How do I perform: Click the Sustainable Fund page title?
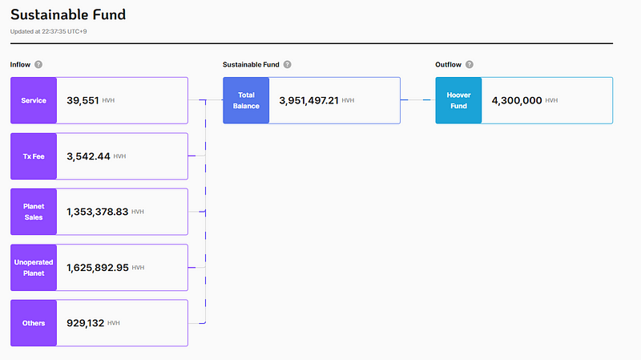pyautogui.click(x=68, y=14)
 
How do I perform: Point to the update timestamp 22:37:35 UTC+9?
pyautogui.click(x=64, y=31)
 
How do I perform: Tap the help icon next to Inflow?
pyautogui.click(x=38, y=65)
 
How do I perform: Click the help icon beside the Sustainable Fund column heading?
pyautogui.click(x=288, y=65)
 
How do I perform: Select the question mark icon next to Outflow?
pyautogui.click(x=470, y=65)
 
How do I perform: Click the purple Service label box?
pyautogui.click(x=34, y=100)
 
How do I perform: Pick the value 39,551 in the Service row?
pyautogui.click(x=83, y=101)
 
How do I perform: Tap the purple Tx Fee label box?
pyautogui.click(x=34, y=156)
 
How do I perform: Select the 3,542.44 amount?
pyautogui.click(x=88, y=156)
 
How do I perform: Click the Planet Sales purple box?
pyautogui.click(x=34, y=212)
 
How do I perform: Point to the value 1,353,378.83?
pyautogui.click(x=97, y=212)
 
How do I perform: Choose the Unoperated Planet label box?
pyautogui.click(x=34, y=268)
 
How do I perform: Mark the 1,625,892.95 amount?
pyautogui.click(x=98, y=268)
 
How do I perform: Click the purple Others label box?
pyautogui.click(x=34, y=323)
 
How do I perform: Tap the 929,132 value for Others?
pyautogui.click(x=86, y=323)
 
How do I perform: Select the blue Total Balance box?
pyautogui.click(x=246, y=100)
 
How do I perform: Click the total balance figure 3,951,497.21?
pyautogui.click(x=308, y=101)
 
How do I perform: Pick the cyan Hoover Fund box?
pyautogui.click(x=458, y=100)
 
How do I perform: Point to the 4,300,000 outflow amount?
pyautogui.click(x=517, y=101)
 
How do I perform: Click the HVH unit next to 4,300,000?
pyautogui.click(x=551, y=101)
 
